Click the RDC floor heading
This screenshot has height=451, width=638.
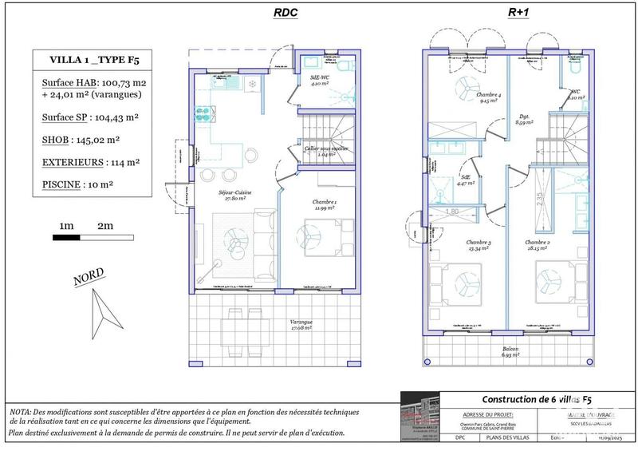coord(286,13)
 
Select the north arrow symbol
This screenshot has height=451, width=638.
coord(102,315)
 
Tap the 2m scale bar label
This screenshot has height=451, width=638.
coord(104,227)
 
